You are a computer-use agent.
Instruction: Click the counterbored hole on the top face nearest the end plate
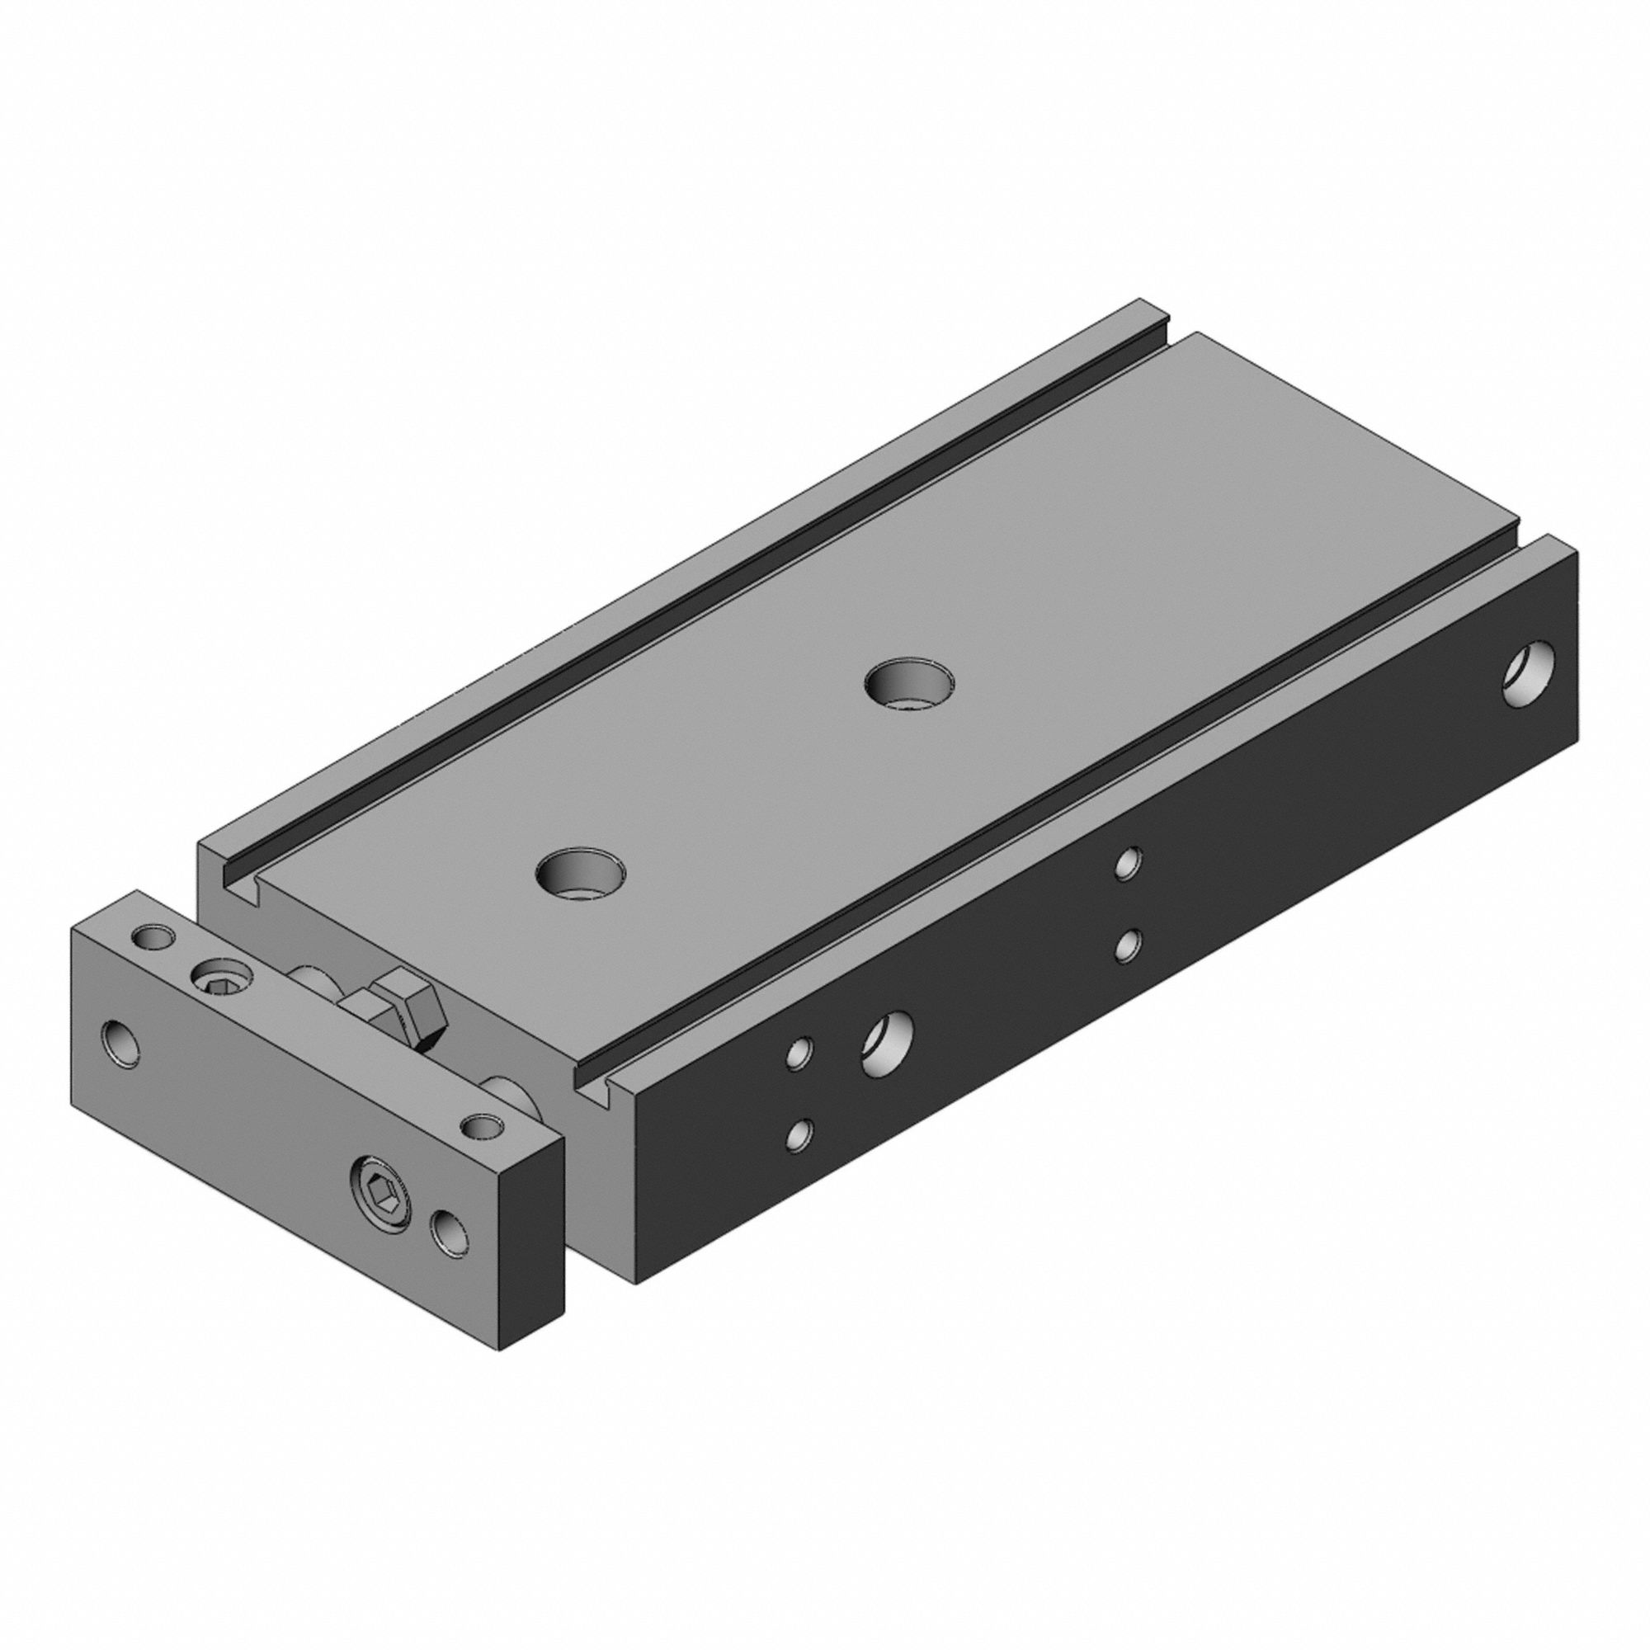click(x=580, y=872)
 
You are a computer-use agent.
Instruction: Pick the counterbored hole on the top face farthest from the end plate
click(x=907, y=682)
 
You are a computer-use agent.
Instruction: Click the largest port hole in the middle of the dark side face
click(x=889, y=1043)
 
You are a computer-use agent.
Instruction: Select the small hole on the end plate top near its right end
click(x=483, y=1126)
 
